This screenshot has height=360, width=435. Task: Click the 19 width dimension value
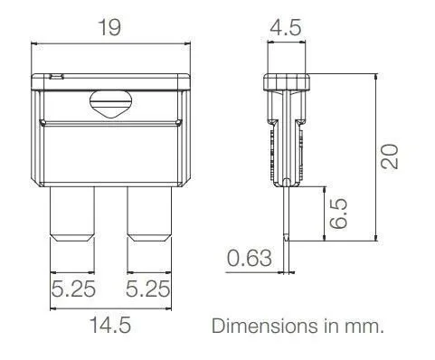(109, 27)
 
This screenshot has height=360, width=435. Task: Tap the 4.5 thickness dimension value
(285, 28)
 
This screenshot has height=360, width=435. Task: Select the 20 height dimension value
(390, 156)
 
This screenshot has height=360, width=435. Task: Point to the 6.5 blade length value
(338, 213)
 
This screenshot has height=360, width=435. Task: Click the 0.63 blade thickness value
(249, 259)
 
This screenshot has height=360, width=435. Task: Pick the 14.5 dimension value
(110, 325)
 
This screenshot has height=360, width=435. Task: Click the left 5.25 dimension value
(73, 289)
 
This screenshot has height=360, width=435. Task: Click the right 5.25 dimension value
(147, 289)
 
